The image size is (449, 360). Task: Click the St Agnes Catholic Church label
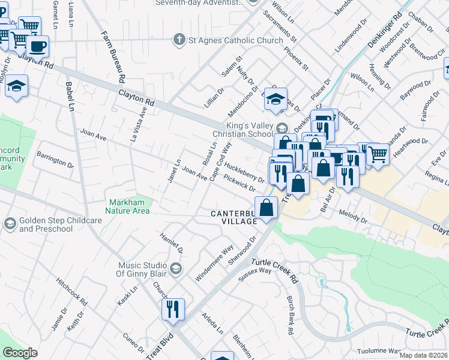[x=235, y=40]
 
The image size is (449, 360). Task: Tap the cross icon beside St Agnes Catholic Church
[x=178, y=40]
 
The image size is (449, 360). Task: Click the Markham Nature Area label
[x=127, y=206]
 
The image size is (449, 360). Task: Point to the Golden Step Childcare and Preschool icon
[x=10, y=224]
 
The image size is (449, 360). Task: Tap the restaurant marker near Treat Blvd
[x=172, y=310]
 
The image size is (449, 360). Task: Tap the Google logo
[x=20, y=353]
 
